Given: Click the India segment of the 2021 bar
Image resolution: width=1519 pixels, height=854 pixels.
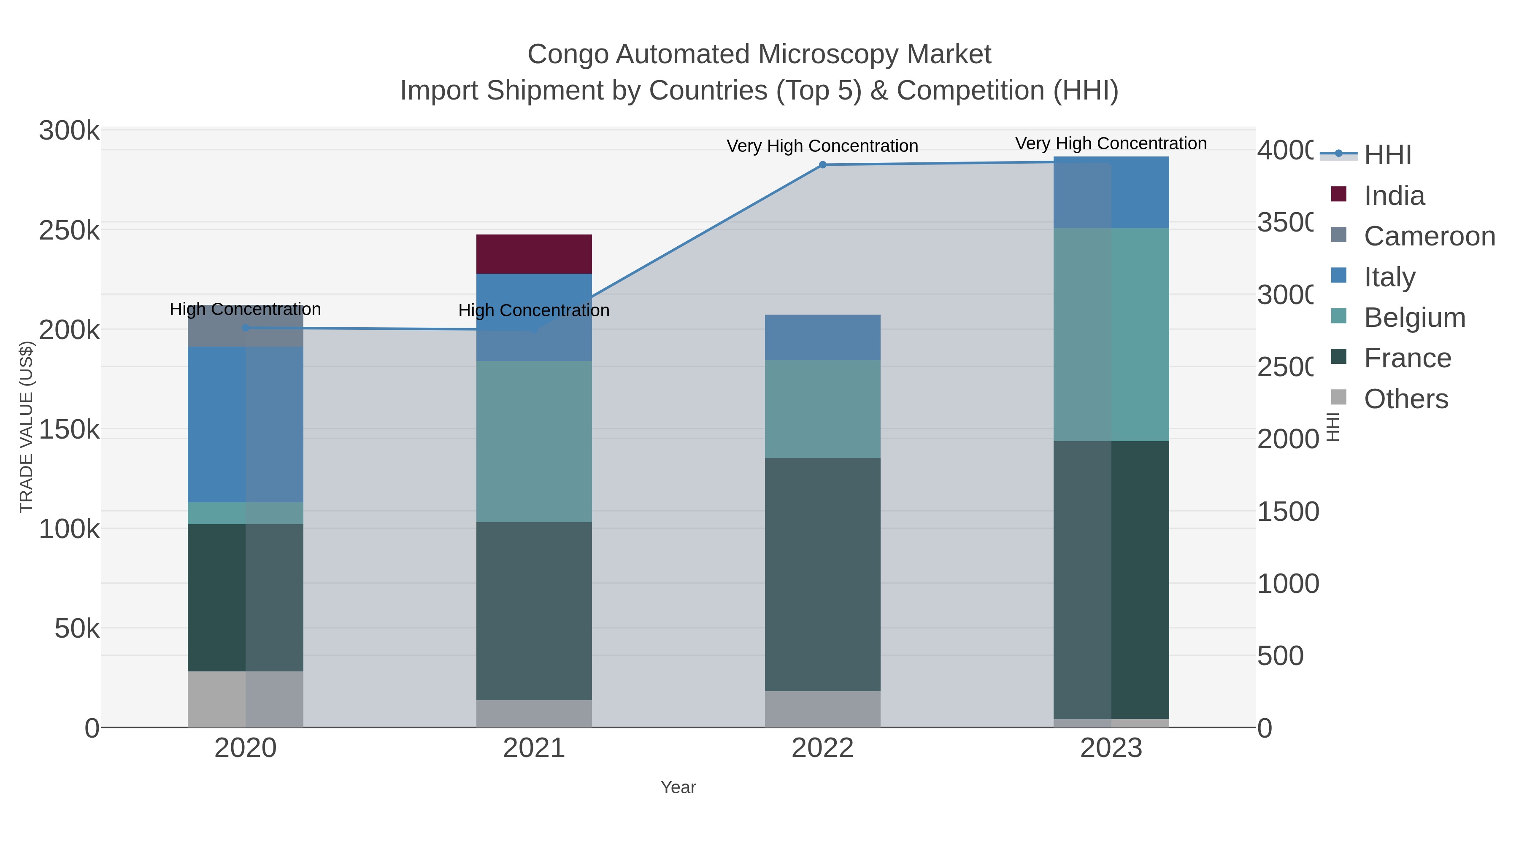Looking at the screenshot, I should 534,254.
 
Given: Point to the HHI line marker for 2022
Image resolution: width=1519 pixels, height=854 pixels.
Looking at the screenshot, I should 823,165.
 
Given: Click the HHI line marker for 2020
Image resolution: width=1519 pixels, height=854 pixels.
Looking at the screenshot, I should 245,328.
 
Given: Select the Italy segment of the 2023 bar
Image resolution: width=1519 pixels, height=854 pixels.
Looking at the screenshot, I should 1111,193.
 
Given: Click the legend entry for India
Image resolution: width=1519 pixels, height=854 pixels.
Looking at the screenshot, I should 1394,196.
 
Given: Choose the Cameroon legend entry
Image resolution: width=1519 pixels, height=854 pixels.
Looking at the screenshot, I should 1430,236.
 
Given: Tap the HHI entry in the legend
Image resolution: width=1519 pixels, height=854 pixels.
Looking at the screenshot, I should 1387,155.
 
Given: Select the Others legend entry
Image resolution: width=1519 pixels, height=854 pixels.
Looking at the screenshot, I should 1406,399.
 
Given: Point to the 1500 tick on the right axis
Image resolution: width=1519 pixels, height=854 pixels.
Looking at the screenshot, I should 1288,512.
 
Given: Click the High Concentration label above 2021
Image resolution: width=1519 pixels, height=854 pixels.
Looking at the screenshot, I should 534,310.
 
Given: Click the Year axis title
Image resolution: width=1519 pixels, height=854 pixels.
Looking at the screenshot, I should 678,787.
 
